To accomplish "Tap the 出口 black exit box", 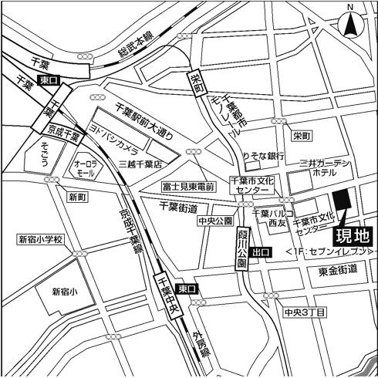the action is pos(262,251).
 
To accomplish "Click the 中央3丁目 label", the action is pos(304,312).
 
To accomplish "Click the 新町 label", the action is pos(78,197).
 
